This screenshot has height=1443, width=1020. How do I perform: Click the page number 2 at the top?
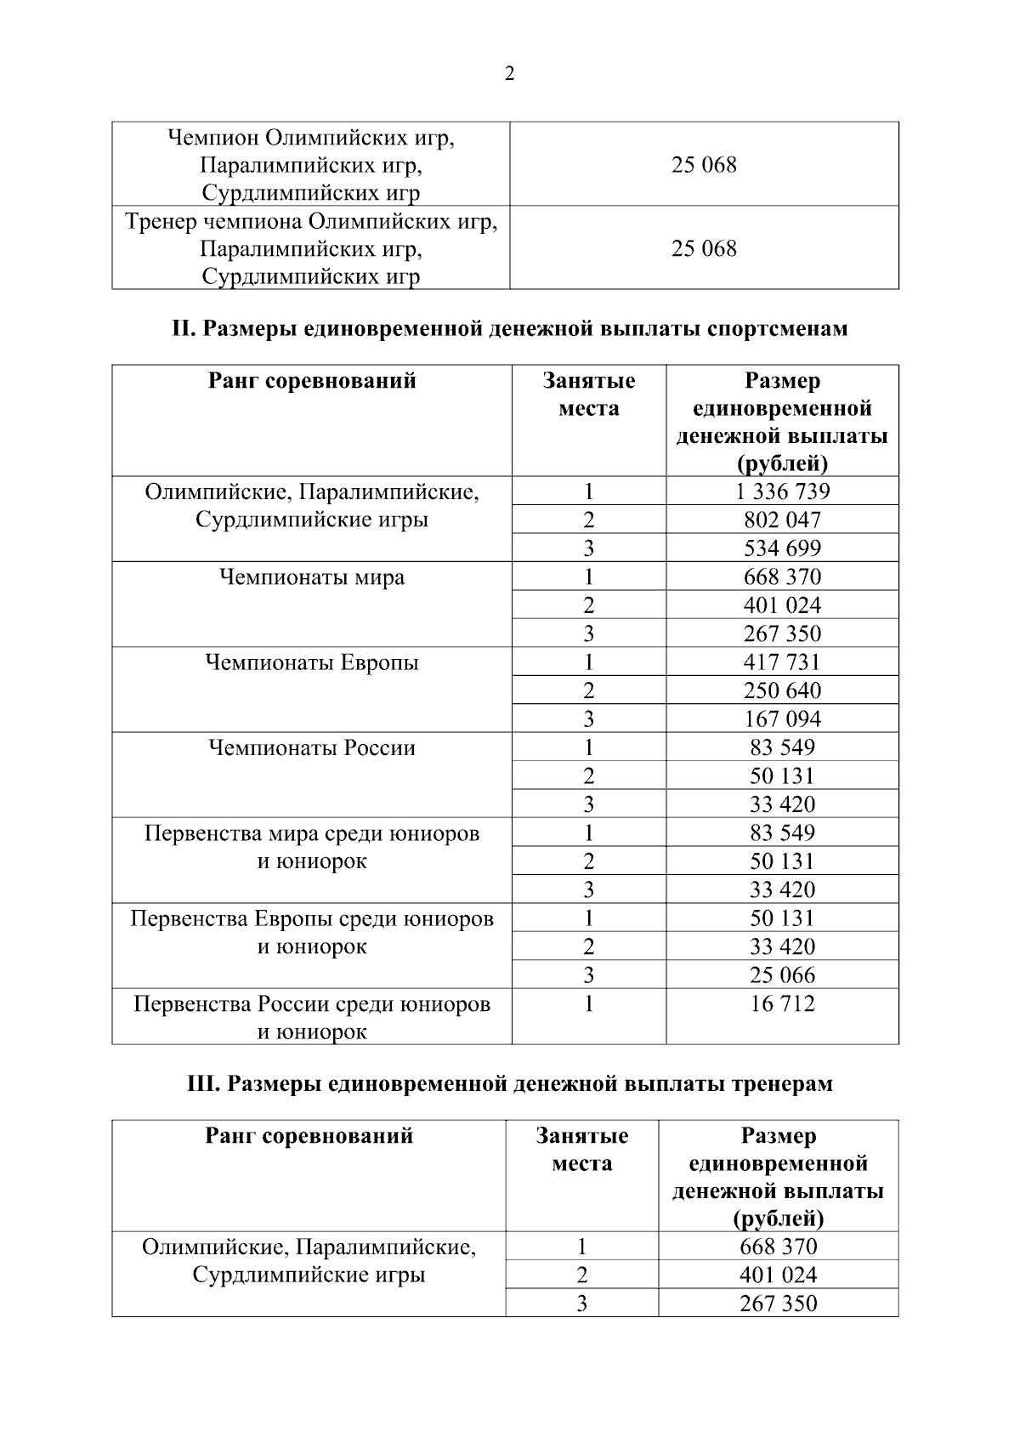[x=509, y=75]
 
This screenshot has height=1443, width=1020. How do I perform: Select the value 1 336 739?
[x=782, y=491]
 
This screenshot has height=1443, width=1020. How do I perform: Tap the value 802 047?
[x=782, y=520]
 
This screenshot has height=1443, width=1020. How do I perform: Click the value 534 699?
[x=782, y=548]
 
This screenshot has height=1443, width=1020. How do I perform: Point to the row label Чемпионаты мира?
[x=312, y=578]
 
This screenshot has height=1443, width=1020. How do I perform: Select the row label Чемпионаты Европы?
[x=312, y=663]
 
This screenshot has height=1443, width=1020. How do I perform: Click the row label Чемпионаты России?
[x=312, y=748]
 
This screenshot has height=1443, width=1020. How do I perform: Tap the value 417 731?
[x=782, y=662]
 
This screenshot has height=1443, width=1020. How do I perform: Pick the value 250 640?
[x=782, y=690]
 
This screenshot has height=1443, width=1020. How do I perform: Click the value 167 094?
[x=782, y=719]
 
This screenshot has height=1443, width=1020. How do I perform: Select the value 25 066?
[x=782, y=975]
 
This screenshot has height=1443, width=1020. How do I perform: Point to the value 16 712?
[x=782, y=1004]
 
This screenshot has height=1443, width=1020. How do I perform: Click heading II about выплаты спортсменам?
[x=510, y=329]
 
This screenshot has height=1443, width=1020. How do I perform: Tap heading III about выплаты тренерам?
[x=510, y=1084]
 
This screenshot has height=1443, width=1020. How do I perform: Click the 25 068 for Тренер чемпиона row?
[x=704, y=249]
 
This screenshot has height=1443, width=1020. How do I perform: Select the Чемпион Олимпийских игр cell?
[x=311, y=165]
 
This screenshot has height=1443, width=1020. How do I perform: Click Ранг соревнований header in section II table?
[x=312, y=381]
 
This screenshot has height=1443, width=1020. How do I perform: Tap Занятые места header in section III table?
[x=582, y=1150]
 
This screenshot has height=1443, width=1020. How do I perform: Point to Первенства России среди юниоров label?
[x=312, y=1018]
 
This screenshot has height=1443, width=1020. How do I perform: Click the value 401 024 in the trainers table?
[x=778, y=1275]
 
